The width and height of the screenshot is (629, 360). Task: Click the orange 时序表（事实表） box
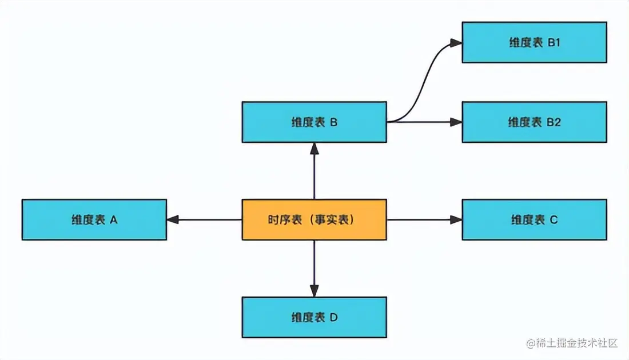coord(314,219)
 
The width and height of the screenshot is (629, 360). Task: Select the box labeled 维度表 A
coord(94,219)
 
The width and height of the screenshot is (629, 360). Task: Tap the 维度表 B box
coord(314,122)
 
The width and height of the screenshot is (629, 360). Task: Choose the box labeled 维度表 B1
coord(534,42)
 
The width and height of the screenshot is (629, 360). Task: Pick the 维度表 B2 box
coord(534,122)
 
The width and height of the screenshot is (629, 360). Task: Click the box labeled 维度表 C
coord(534,219)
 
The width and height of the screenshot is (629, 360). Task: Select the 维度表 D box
coord(314,317)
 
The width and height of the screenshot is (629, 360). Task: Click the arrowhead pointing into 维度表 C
coord(456,219)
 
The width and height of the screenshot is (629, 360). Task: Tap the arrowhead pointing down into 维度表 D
coord(314,291)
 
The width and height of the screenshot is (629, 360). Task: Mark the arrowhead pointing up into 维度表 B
coord(314,148)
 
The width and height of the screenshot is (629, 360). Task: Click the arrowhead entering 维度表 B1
coord(456,42)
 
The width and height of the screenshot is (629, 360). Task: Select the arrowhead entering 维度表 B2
coord(456,122)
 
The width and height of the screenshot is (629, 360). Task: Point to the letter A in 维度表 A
coord(113,219)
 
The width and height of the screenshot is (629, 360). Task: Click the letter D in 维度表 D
coord(333,317)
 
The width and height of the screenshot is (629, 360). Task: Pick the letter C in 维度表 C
coord(553,219)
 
